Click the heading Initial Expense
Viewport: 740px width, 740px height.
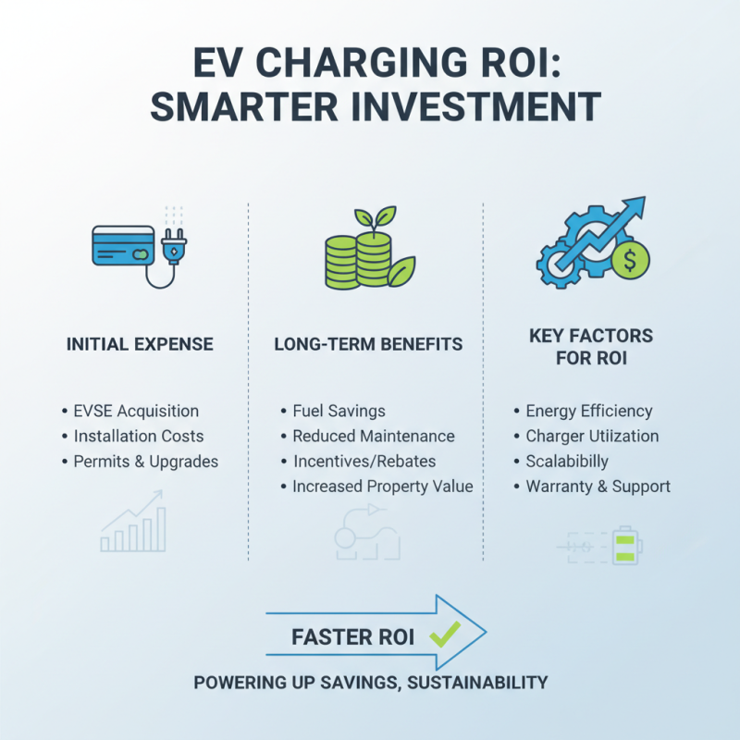pyautogui.click(x=140, y=344)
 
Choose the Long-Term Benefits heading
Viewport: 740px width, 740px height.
pyautogui.click(x=368, y=344)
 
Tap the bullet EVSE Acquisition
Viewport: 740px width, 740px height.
pyautogui.click(x=136, y=411)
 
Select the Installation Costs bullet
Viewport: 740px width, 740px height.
pyautogui.click(x=139, y=436)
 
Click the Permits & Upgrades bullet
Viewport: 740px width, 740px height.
pyautogui.click(x=146, y=461)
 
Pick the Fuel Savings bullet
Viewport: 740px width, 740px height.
pyautogui.click(x=339, y=411)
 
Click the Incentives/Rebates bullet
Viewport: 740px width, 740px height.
pyautogui.click(x=364, y=461)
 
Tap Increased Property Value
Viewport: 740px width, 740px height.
pyautogui.click(x=382, y=486)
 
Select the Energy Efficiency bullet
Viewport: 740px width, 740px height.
pyautogui.click(x=588, y=411)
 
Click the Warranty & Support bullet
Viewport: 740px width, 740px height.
pyautogui.click(x=598, y=486)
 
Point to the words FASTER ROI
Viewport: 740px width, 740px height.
pyautogui.click(x=359, y=637)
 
